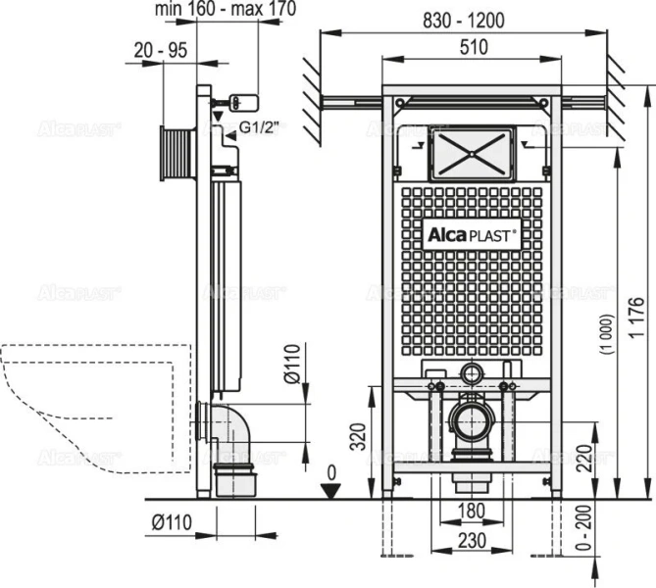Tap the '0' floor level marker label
(x=331, y=472)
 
